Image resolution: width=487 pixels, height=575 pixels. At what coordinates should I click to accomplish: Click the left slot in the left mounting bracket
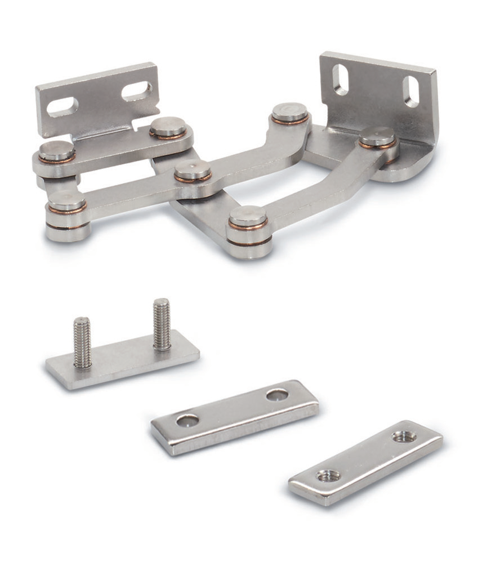(62, 106)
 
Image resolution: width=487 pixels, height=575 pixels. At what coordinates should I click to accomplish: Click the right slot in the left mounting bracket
(137, 90)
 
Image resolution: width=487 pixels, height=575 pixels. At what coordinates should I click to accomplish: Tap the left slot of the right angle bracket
(341, 79)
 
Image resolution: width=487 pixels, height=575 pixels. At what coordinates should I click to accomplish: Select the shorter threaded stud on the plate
(82, 342)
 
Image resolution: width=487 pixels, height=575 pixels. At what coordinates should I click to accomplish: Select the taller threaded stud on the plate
(162, 324)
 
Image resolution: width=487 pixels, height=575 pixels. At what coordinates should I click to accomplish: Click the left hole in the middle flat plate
(187, 420)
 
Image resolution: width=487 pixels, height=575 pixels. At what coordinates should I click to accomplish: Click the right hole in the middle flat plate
(277, 395)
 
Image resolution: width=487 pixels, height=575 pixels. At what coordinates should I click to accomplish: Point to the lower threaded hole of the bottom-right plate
(329, 476)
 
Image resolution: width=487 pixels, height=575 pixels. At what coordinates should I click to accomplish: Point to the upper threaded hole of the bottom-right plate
(404, 436)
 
